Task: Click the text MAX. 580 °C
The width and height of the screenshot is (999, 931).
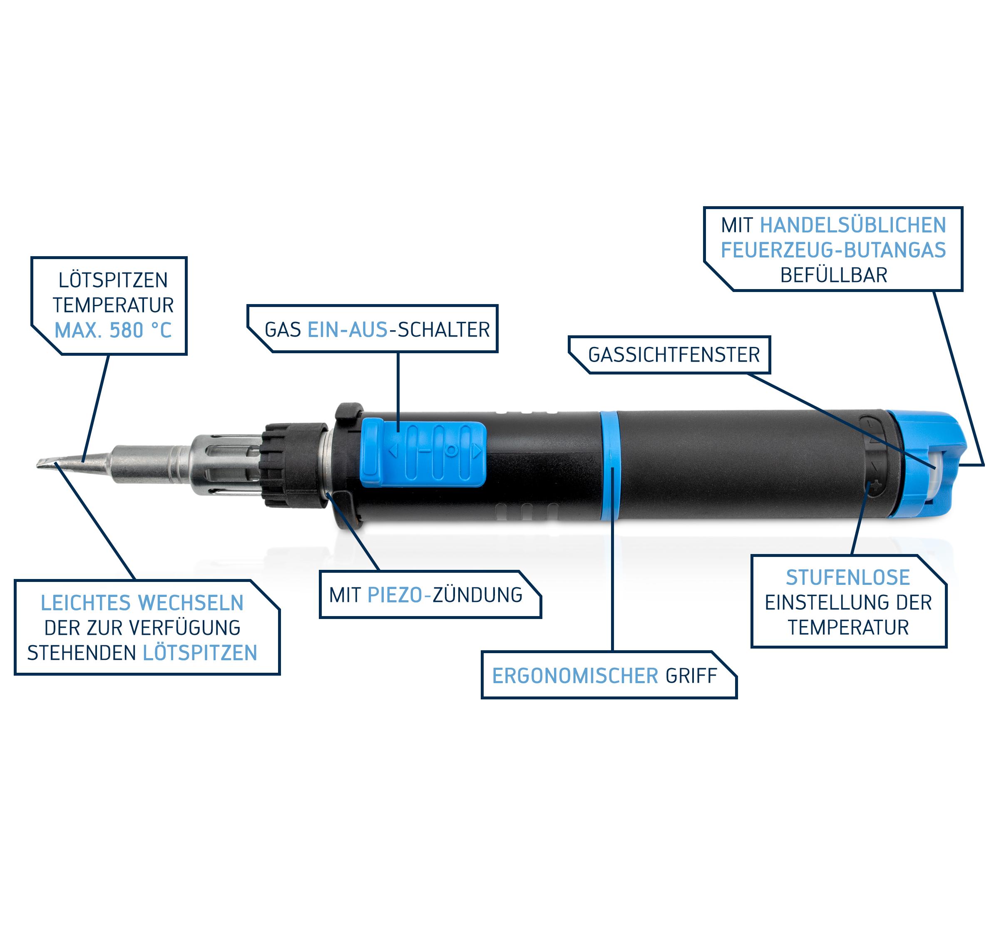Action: pos(113,330)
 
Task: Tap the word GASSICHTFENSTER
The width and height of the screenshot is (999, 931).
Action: pos(674,355)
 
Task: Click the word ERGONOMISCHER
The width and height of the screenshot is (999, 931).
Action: pos(575,676)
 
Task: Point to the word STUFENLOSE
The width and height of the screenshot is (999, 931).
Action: pos(848,577)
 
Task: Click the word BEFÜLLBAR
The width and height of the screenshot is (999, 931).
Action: pos(834,275)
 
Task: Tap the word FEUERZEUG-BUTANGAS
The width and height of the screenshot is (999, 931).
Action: pos(833,250)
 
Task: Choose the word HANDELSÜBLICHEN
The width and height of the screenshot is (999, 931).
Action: pos(853,225)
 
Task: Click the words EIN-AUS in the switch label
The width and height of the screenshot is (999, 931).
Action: pos(348,330)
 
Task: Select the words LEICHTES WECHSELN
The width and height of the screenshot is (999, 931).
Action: pos(142,603)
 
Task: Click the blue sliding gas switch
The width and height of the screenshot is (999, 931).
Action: pos(423,454)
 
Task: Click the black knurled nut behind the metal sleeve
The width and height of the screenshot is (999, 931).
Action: pos(294,465)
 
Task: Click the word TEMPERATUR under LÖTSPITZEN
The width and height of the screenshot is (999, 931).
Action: pos(113,305)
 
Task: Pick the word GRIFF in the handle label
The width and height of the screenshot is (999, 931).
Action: pos(691,676)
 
